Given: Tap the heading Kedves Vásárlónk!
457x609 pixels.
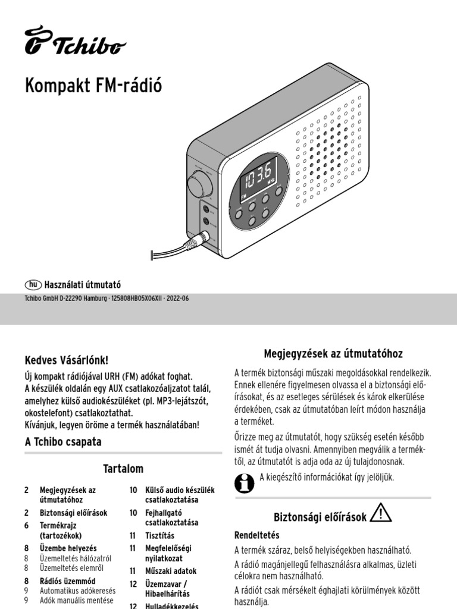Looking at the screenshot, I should click(x=67, y=360).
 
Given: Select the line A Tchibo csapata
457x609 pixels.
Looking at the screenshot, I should click(x=62, y=442).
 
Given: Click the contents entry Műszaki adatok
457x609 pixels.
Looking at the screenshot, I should click(x=171, y=570).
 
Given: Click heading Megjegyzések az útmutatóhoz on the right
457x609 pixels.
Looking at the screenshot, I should click(x=333, y=354).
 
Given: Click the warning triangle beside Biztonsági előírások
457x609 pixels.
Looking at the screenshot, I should click(x=380, y=513).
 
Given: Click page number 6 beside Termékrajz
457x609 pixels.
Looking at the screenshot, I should click(x=26, y=525).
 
